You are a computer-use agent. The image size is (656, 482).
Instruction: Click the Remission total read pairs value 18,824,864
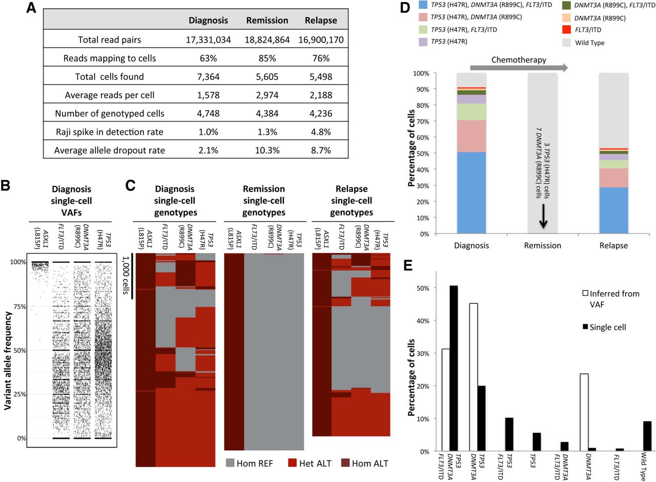point(267,40)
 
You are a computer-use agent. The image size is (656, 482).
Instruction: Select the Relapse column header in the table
point(321,20)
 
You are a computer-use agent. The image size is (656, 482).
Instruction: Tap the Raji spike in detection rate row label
point(110,132)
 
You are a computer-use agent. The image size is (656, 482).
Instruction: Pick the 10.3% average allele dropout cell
point(267,151)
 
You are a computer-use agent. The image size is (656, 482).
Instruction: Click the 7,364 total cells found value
point(208,77)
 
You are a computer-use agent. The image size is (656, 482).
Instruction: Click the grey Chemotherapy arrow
point(519,68)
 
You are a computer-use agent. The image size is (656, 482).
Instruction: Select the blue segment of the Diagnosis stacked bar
point(471,193)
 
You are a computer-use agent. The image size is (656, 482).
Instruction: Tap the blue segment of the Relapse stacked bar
point(613,211)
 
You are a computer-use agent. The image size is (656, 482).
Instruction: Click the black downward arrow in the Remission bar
point(543,216)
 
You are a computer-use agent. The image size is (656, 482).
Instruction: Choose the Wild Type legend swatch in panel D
point(566,43)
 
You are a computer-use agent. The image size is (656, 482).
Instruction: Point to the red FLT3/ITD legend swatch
point(566,30)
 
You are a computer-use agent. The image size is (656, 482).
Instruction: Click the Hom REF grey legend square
point(230,463)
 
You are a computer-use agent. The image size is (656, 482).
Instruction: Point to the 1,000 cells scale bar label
point(126,275)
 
